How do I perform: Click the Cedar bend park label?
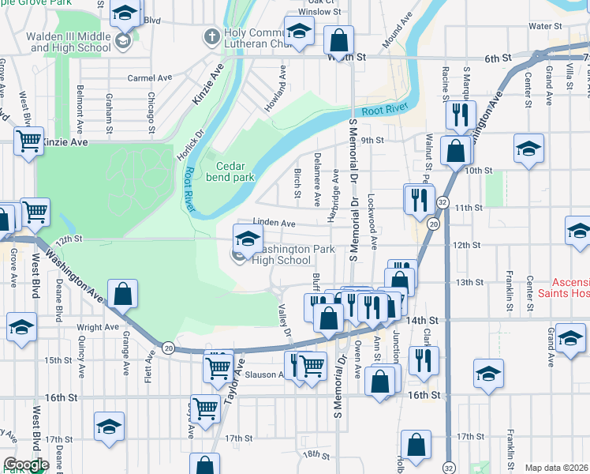click(236, 171)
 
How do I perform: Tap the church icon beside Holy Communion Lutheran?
click(211, 36)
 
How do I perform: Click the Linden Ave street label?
click(274, 224)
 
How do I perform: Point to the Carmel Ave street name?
click(150, 78)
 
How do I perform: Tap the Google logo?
click(25, 465)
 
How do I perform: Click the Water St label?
click(544, 26)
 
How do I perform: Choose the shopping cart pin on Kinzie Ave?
click(29, 142)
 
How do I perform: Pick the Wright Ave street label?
click(97, 326)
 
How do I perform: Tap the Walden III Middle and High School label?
click(68, 42)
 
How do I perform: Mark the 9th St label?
click(372, 141)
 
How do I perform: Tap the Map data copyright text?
click(557, 468)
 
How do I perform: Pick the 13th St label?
click(469, 282)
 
